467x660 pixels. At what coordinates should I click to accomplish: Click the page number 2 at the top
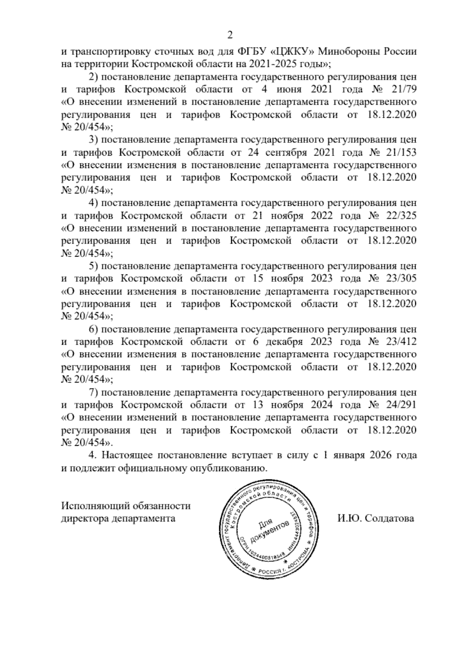pyautogui.click(x=230, y=35)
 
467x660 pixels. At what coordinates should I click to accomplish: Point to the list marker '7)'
pyautogui.click(x=93, y=392)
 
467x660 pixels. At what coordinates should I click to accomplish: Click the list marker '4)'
pyautogui.click(x=93, y=203)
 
